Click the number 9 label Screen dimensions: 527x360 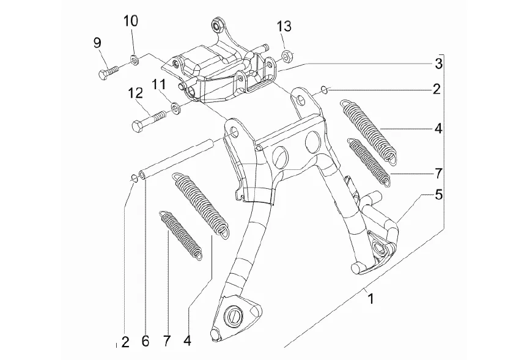click(97, 43)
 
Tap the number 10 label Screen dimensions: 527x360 click(130, 21)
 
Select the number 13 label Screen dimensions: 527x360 click(284, 26)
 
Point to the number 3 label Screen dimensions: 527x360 click(438, 64)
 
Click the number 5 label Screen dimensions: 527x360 click(438, 195)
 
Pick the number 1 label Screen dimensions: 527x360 click(370, 298)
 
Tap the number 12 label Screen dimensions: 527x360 click(136, 94)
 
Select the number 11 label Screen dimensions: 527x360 click(158, 85)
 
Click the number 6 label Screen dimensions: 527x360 click(145, 342)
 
